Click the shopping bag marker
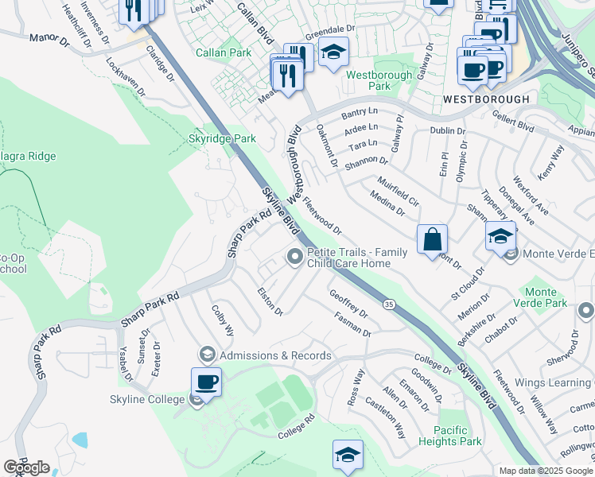point(432,238)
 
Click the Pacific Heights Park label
point(449,436)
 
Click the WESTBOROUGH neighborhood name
point(485,99)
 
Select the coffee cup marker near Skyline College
point(206,381)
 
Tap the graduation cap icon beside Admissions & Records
point(208,355)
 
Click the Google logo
point(26,467)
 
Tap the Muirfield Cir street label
point(399,192)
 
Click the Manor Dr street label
point(49,39)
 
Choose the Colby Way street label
point(222,319)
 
